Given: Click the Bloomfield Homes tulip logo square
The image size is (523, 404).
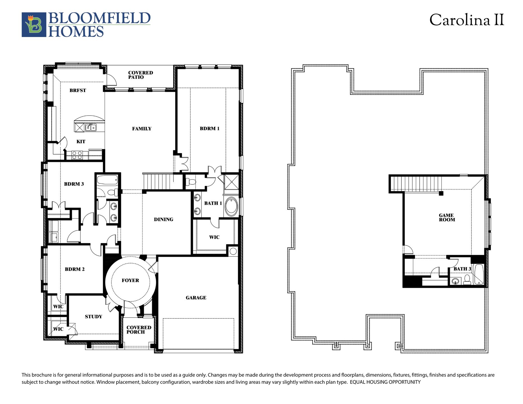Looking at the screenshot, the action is click(x=34, y=25).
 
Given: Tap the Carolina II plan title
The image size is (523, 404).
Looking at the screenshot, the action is click(x=467, y=20).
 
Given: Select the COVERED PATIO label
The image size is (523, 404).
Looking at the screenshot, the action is click(x=140, y=75).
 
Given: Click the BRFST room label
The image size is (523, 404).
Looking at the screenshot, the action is click(x=78, y=90).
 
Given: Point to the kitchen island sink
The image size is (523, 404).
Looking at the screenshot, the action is click(x=91, y=128).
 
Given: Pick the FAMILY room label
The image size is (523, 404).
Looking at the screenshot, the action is click(x=142, y=129).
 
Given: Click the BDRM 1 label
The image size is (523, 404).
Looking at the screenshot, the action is click(x=209, y=128).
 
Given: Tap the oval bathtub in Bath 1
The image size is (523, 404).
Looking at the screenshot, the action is click(x=231, y=206).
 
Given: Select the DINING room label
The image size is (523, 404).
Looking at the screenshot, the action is click(x=163, y=219).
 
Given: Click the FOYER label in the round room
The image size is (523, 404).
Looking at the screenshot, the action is click(x=130, y=280).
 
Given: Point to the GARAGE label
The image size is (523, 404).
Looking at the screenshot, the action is click(x=196, y=298).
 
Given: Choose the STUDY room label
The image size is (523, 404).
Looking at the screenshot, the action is click(x=93, y=316).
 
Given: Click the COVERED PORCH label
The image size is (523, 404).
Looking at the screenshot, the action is click(x=139, y=330).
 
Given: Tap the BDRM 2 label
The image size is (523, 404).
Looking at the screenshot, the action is click(x=75, y=269).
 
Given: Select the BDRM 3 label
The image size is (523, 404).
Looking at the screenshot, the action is click(x=74, y=184).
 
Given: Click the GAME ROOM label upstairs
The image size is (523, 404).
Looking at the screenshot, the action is click(x=447, y=217).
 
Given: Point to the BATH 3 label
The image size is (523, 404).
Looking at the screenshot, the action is click(x=462, y=269).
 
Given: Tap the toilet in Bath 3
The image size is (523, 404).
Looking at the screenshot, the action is click(x=467, y=280).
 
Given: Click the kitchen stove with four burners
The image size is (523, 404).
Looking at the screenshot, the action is click(x=77, y=155).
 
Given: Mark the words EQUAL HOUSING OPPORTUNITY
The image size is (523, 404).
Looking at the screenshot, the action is click(x=385, y=382).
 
